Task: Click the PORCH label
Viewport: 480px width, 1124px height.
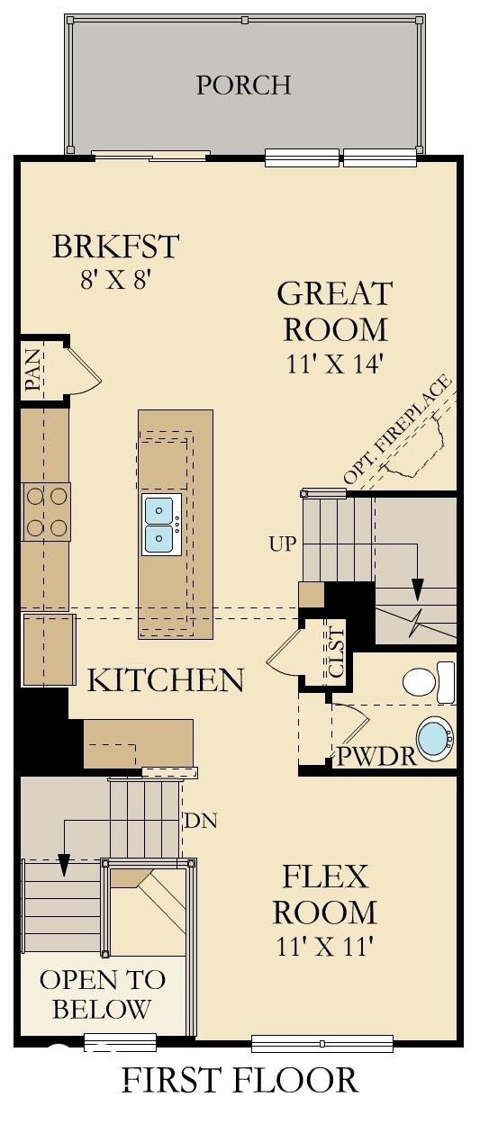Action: [243, 85]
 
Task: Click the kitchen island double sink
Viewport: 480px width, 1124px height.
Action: [160, 525]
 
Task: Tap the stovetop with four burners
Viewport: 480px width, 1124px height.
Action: [47, 511]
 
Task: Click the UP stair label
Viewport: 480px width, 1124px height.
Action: [282, 544]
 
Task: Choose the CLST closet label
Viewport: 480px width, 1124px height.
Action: [336, 652]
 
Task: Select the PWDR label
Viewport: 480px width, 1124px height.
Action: [376, 757]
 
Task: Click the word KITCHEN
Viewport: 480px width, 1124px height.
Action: [165, 680]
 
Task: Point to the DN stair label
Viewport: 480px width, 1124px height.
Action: [200, 821]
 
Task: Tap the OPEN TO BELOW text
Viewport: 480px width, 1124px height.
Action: [102, 994]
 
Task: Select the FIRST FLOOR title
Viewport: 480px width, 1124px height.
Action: [240, 1080]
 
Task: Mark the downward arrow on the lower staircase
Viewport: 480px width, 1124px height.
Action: [64, 863]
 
